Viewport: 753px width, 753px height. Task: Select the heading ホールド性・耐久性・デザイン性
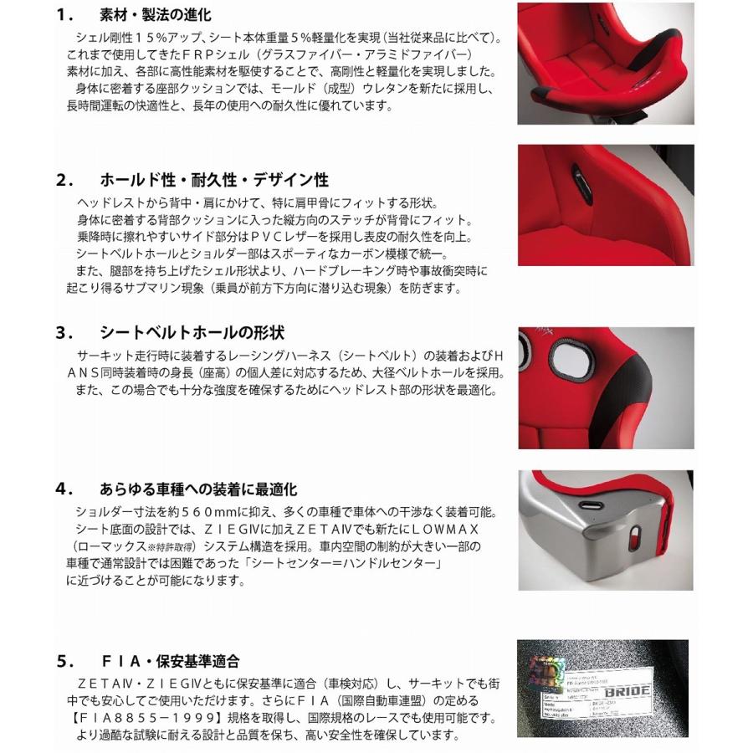214,180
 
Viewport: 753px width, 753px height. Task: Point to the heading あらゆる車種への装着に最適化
198,489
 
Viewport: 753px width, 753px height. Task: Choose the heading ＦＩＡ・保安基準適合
169,661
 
